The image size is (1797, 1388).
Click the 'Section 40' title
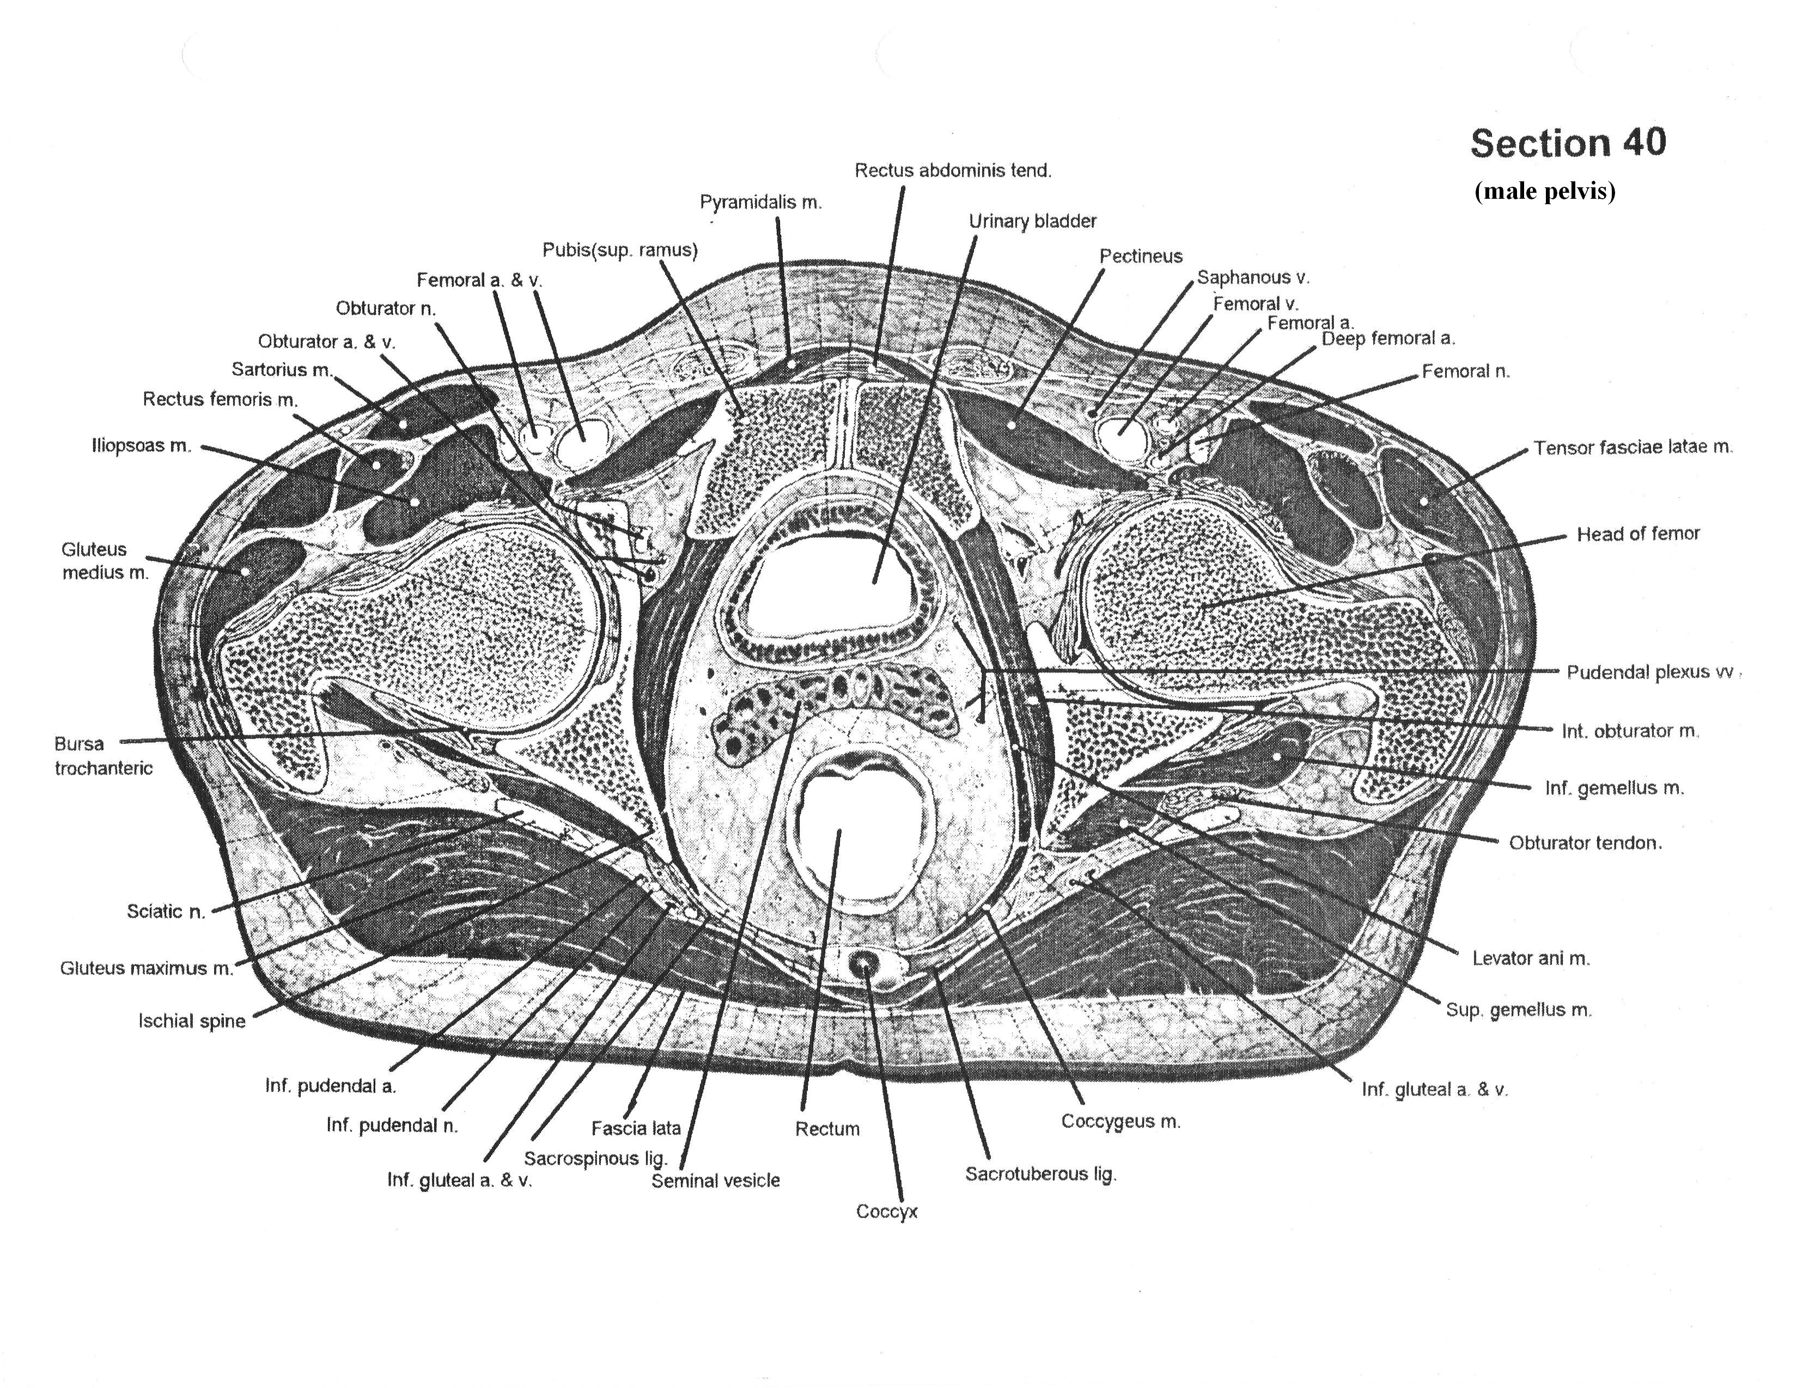[x=1568, y=143]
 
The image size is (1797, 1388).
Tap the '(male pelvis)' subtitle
[x=1544, y=192]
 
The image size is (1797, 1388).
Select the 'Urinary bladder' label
[x=1032, y=221]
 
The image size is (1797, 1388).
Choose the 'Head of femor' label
[x=1637, y=534]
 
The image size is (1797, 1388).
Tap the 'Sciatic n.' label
[x=166, y=911]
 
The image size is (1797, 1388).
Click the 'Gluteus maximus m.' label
[x=147, y=968]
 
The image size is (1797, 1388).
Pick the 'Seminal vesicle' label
[x=715, y=1181]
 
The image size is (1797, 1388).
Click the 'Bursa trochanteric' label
[x=103, y=755]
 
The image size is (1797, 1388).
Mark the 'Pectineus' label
[x=1141, y=256]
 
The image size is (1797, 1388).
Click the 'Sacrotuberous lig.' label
[x=1040, y=1174]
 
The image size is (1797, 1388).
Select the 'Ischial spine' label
[x=192, y=1021]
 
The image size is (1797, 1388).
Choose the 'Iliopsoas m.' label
[x=141, y=446]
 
